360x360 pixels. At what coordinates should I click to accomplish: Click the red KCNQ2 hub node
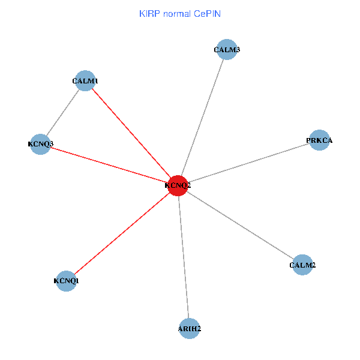[x=178, y=185]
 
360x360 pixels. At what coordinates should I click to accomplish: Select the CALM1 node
[x=85, y=80]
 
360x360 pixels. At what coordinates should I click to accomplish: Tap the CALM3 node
[x=227, y=50]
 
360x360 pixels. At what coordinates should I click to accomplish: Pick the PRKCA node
[x=319, y=140]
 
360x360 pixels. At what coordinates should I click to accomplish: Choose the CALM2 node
[x=302, y=265]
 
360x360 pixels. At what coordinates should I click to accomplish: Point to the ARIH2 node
[x=190, y=328]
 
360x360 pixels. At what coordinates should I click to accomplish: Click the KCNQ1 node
[x=66, y=280]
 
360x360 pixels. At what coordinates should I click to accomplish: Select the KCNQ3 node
[x=40, y=144]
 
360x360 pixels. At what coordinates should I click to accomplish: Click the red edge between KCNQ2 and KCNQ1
[x=122, y=233]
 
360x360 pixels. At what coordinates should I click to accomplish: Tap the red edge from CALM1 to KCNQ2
[x=131, y=133]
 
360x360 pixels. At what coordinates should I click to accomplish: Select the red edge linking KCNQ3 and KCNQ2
[x=109, y=164]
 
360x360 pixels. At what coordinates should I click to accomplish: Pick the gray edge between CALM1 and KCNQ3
[x=63, y=112]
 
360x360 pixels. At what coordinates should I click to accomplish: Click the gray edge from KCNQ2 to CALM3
[x=202, y=118]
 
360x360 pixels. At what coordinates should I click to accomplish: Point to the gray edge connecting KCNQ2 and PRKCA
[x=248, y=163]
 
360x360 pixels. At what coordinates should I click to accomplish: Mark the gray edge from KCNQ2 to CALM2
[x=240, y=225]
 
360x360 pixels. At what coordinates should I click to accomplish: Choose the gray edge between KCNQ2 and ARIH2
[x=184, y=257]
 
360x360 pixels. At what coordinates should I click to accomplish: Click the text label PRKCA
[x=319, y=140]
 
